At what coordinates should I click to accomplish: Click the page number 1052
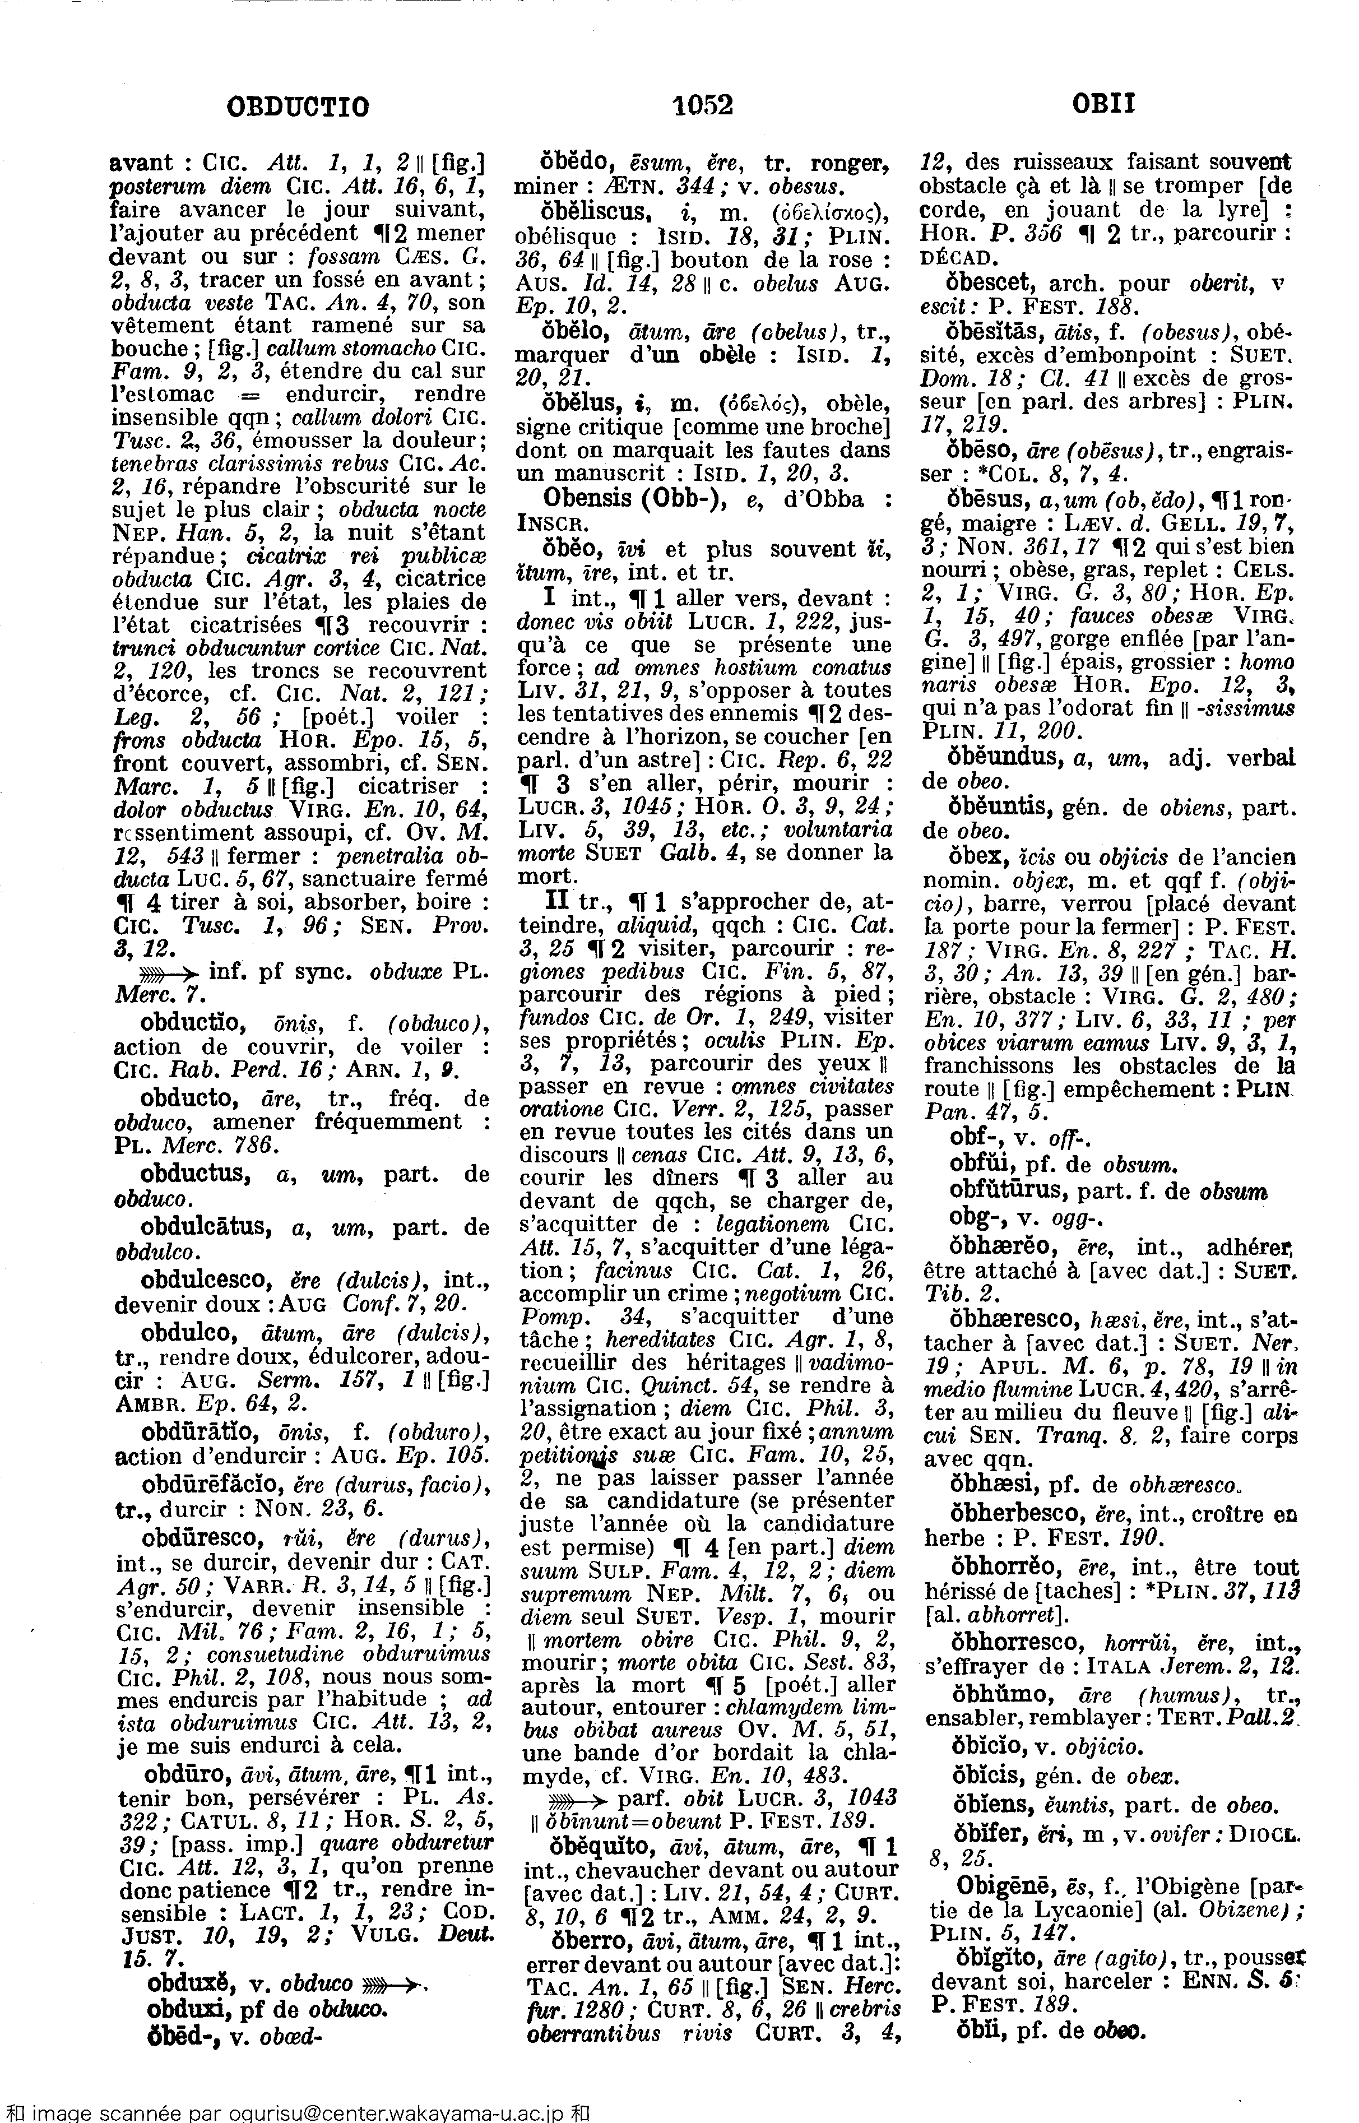point(702,106)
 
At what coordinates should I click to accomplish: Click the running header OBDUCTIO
point(298,108)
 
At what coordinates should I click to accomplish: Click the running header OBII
point(1103,106)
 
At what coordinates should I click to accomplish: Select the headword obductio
point(189,1023)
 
